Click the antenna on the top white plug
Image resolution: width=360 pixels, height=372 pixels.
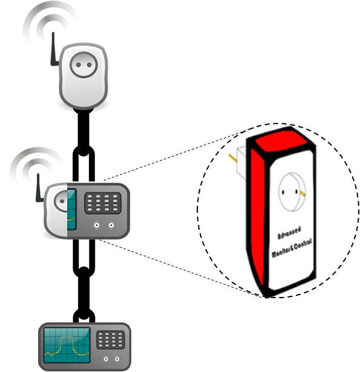coord(54,50)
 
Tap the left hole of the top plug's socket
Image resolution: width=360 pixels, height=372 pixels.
coord(78,65)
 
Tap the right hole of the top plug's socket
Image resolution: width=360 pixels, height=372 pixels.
coord(89,65)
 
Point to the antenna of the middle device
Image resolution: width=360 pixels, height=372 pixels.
coord(39,188)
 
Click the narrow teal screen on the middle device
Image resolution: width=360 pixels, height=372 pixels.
coord(71,209)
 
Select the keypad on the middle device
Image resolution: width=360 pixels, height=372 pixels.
coord(103,203)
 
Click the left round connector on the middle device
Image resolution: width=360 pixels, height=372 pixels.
coord(97,225)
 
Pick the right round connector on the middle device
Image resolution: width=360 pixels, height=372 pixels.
coord(111,225)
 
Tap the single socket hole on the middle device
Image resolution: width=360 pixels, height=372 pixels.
coord(62,201)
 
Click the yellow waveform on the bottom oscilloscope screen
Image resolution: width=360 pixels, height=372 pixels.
coord(67,346)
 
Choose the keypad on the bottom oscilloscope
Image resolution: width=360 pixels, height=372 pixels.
coord(111,340)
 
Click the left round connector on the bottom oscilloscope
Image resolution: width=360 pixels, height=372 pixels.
coord(106,359)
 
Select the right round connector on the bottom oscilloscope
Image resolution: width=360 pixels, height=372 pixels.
coord(117,359)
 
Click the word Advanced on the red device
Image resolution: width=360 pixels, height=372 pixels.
coord(289,233)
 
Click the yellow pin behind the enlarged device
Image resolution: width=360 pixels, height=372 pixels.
coord(233,158)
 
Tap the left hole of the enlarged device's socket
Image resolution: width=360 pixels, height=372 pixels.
coord(283,192)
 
